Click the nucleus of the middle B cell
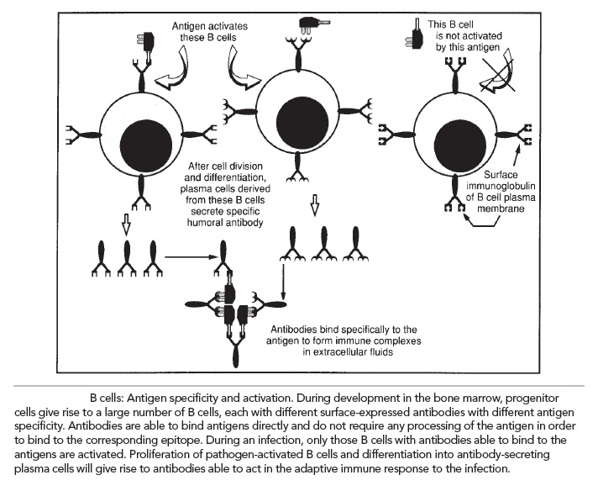pyautogui.click(x=302, y=119)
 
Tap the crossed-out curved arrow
pyautogui.click(x=496, y=73)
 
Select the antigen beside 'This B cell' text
pyautogui.click(x=414, y=34)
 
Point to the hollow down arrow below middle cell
pyautogui.click(x=315, y=204)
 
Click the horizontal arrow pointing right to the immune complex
pyautogui.click(x=191, y=257)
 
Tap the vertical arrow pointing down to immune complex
pyautogui.click(x=283, y=281)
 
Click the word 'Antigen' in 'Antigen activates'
pyautogui.click(x=186, y=26)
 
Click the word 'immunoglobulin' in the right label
pyautogui.click(x=501, y=187)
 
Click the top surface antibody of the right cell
pyautogui.click(x=455, y=75)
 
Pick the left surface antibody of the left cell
pyautogui.click(x=83, y=135)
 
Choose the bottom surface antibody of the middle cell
pyautogui.click(x=299, y=166)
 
